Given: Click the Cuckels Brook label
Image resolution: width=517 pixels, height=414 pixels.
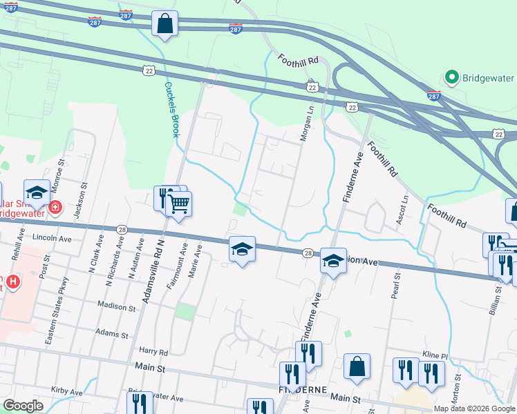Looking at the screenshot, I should pyautogui.click(x=172, y=110).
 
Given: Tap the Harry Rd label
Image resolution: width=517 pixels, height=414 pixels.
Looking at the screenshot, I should pyautogui.click(x=153, y=352).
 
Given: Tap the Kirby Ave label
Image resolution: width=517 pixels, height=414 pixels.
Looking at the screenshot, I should pyautogui.click(x=67, y=391).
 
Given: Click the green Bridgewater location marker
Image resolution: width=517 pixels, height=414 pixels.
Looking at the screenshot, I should pyautogui.click(x=452, y=77).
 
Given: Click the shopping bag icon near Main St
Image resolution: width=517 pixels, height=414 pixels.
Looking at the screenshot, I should pyautogui.click(x=357, y=367).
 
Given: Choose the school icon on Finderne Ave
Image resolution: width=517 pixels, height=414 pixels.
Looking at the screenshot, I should pyautogui.click(x=333, y=262).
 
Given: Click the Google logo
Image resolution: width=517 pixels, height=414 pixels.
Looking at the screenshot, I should pyautogui.click(x=23, y=406).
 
